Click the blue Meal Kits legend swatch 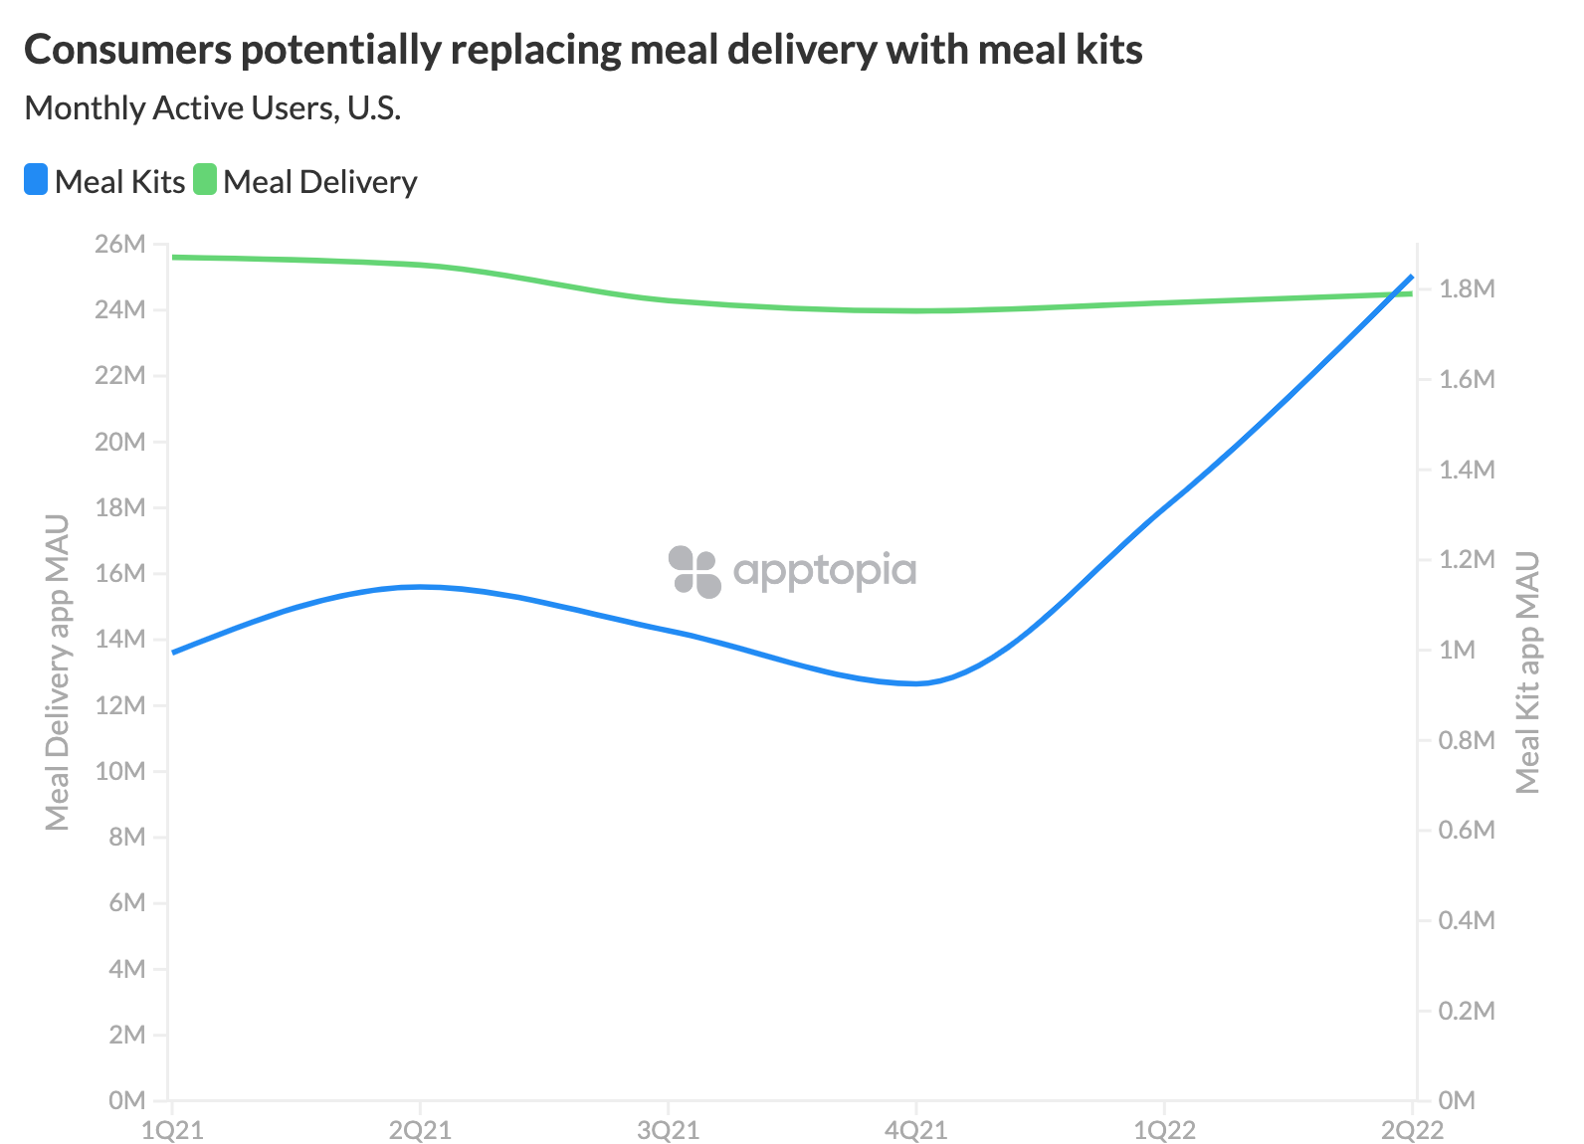pos(36,180)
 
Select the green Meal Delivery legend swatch pos(205,180)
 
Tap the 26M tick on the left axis pos(120,245)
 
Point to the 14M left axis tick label pos(120,640)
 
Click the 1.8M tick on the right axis pos(1467,289)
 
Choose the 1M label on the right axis pos(1458,651)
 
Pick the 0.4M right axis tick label pos(1467,920)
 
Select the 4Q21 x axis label pos(916,1130)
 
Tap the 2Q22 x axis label pos(1412,1130)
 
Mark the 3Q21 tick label pos(669,1130)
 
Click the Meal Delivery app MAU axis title pos(58,672)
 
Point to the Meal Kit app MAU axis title pos(1527,672)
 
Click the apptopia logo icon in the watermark pos(694,571)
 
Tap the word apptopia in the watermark pos(825,571)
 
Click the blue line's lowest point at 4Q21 pos(916,683)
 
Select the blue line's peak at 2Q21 pos(421,587)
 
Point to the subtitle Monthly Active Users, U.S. pos(212,107)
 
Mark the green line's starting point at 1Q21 pos(173,257)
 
